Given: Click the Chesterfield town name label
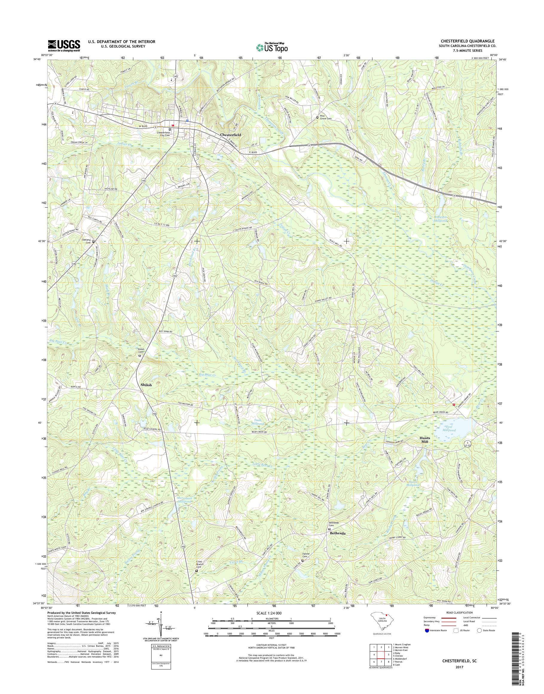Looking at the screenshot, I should coord(230,135).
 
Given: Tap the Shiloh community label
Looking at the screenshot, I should coord(146,385).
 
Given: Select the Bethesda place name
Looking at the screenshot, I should coord(338,533).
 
